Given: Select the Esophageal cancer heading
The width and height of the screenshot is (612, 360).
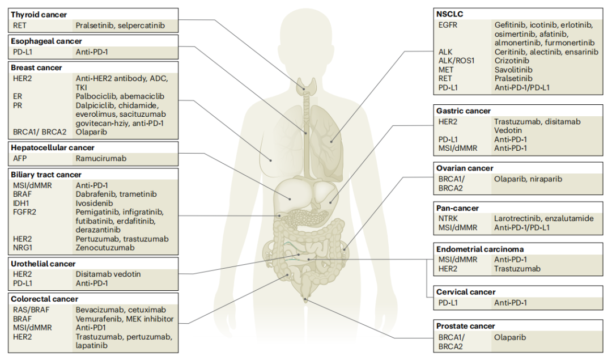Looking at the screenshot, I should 46,41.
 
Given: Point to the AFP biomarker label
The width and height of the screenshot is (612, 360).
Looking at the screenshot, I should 20,159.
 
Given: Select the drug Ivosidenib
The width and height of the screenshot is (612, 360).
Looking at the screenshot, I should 95,203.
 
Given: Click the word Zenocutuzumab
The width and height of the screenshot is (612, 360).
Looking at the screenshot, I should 105,248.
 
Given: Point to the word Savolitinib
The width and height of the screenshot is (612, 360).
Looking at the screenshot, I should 513,70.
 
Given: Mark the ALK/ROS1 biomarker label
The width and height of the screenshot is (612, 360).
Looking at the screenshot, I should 457,61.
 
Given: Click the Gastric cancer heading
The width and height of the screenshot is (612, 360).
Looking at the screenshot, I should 464,111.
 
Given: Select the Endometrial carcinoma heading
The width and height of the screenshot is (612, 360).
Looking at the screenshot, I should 480,249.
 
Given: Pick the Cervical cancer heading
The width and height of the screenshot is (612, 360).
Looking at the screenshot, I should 466,292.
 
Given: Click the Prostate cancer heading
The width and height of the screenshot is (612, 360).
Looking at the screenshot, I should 465,326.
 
